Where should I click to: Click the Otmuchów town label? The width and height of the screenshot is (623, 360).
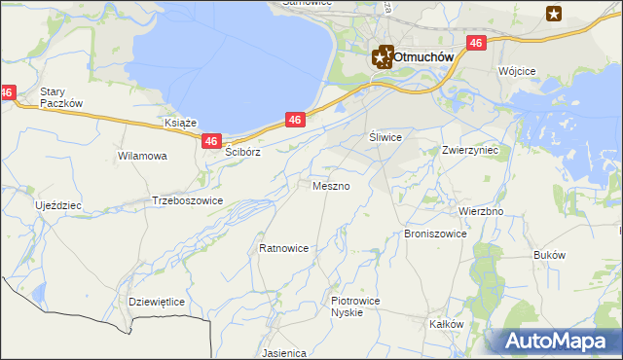coord(424,57)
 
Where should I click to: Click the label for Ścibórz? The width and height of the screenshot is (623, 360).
coord(244,153)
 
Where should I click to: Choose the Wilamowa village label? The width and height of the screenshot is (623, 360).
coord(142,156)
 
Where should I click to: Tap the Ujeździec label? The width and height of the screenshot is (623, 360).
coord(58,206)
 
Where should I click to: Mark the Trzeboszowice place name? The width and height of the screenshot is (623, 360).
coord(188,200)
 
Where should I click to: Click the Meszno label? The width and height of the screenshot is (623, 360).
coord(332,185)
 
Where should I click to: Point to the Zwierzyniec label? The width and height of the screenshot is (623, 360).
coord(469,151)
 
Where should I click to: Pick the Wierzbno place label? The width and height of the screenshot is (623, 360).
coord(480,211)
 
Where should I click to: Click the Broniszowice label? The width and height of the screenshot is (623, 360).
coord(435,234)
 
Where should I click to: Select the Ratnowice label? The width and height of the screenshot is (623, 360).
coord(283,248)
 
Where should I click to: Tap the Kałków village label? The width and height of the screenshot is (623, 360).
coord(447,324)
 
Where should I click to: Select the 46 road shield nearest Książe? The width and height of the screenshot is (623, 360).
coord(212,142)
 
